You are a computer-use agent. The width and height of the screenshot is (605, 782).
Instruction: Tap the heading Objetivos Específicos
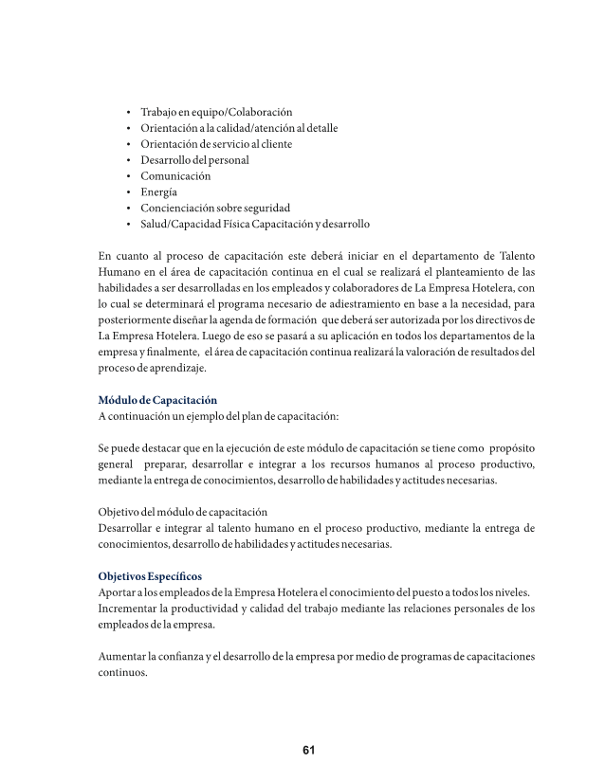(x=150, y=576)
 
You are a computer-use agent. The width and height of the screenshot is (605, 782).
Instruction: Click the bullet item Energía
(x=158, y=191)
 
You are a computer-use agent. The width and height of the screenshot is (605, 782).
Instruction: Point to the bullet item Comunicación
(x=175, y=176)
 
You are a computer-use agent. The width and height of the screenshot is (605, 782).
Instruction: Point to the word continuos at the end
(x=123, y=673)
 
